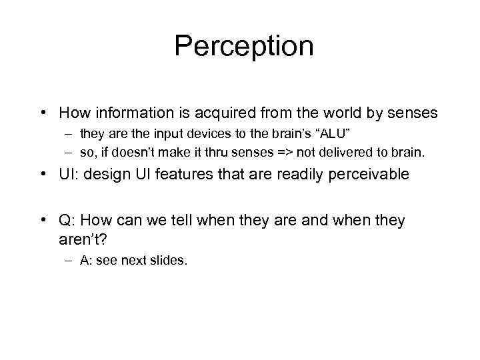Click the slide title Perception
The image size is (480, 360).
pos(243,47)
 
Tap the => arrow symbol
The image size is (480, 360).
pos(272,153)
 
